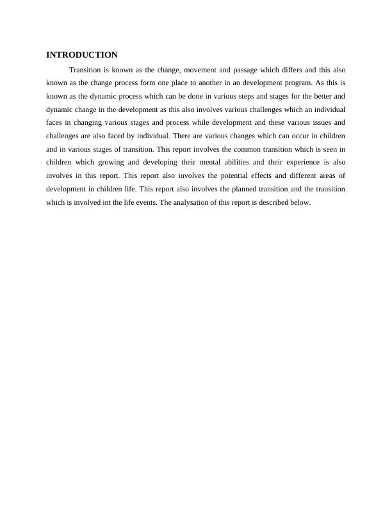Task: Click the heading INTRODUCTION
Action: [82, 55]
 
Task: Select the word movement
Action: [200, 69]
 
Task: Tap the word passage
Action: [250, 69]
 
